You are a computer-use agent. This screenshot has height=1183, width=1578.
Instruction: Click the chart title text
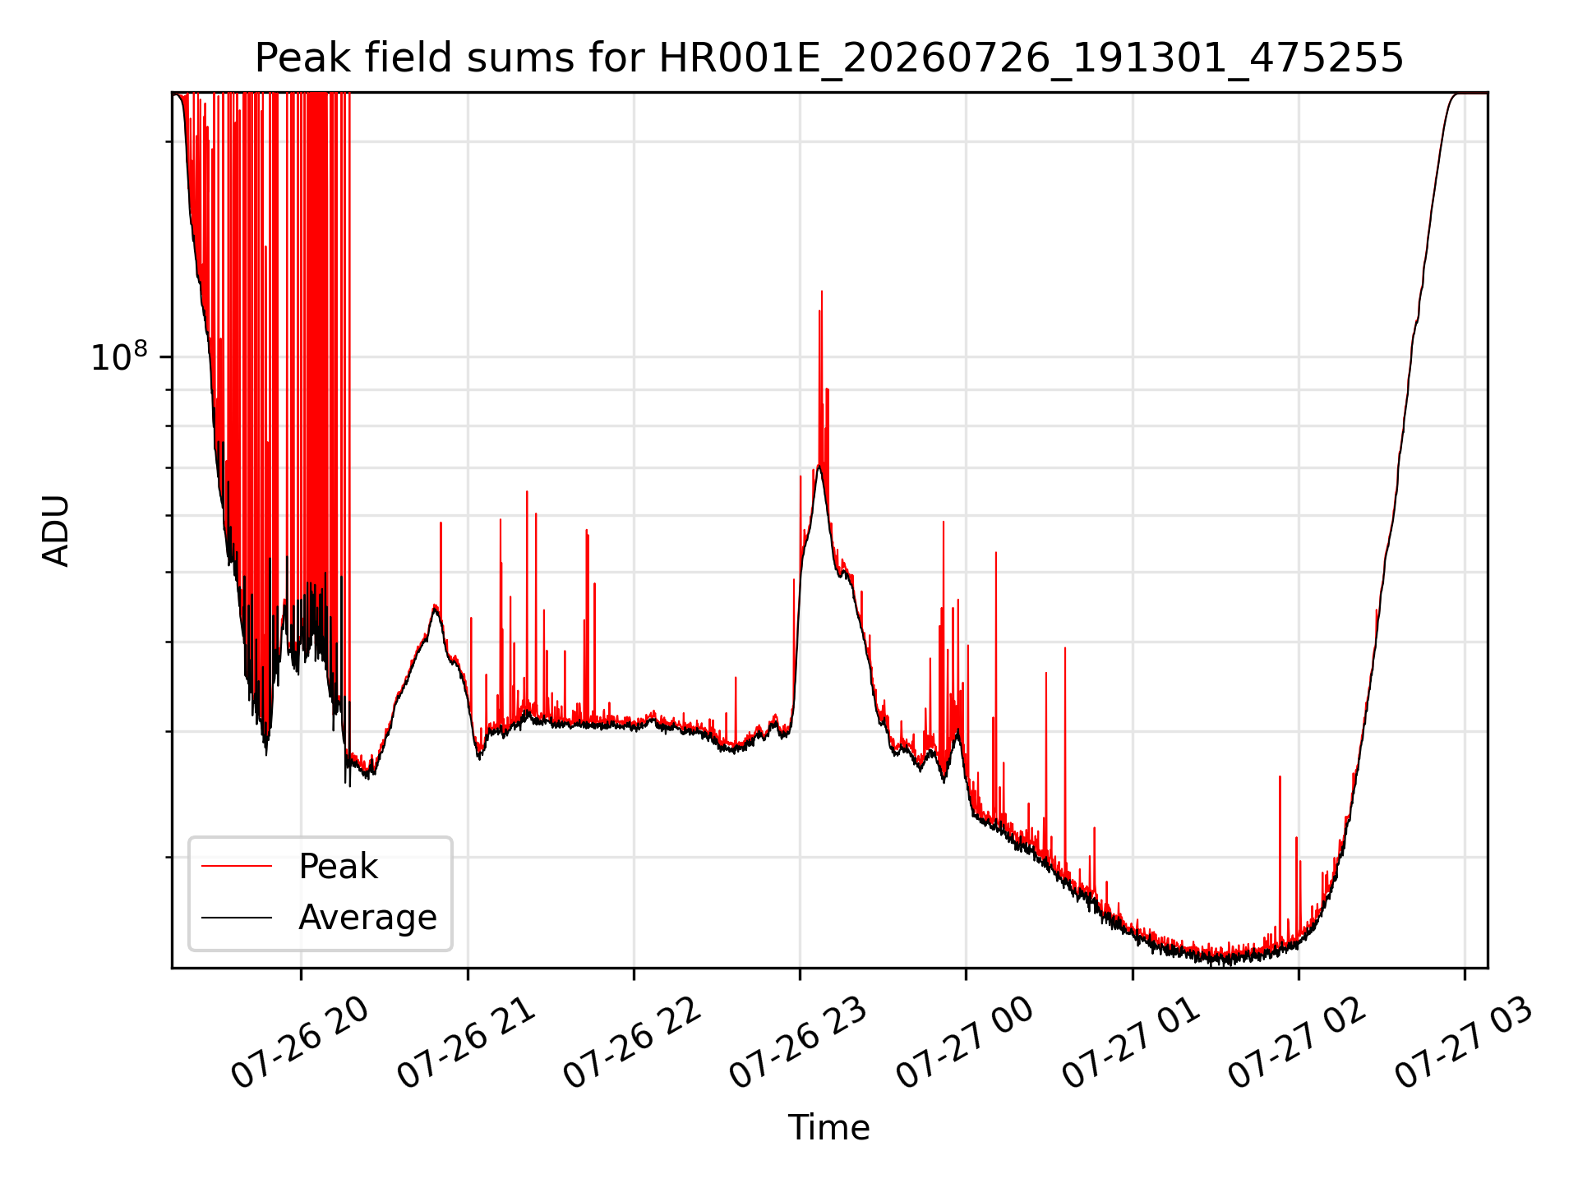(x=829, y=58)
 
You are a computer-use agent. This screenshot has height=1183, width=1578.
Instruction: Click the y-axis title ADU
(x=56, y=531)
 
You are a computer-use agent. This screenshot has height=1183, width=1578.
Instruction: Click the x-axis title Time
(x=829, y=1127)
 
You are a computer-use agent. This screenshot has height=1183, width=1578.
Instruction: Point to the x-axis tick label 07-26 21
(x=466, y=1043)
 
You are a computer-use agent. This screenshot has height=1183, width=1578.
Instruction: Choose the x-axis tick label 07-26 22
(x=632, y=1043)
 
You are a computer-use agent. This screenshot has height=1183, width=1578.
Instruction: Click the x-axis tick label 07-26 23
(x=798, y=1043)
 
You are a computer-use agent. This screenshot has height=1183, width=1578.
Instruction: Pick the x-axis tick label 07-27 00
(x=964, y=1043)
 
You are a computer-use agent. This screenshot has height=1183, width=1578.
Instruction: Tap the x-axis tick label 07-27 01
(x=1131, y=1043)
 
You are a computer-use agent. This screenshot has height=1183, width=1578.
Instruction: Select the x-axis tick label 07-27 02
(x=1297, y=1043)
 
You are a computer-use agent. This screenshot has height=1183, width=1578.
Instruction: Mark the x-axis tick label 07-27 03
(x=1463, y=1043)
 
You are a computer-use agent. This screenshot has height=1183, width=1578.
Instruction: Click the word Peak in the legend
(x=338, y=867)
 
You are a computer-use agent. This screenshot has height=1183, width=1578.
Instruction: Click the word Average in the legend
(x=367, y=918)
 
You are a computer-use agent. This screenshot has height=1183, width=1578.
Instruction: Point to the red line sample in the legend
(x=237, y=866)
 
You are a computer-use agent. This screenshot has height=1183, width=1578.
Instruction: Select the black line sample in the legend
(x=237, y=917)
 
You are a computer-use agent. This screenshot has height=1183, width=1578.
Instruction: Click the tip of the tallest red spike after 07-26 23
(x=821, y=291)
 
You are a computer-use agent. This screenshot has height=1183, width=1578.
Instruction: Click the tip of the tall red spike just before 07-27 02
(x=1280, y=776)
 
